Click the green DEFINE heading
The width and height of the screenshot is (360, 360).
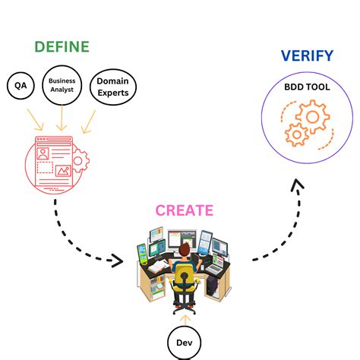point(62,46)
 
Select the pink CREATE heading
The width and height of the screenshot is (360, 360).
point(184,210)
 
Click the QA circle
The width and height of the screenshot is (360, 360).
point(21,87)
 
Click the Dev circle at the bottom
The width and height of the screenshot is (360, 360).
point(183,342)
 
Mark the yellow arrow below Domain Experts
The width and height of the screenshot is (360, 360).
point(90,119)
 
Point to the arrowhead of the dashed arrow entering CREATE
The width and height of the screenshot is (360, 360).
point(116,261)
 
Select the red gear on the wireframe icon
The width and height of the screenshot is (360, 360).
point(78,160)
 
